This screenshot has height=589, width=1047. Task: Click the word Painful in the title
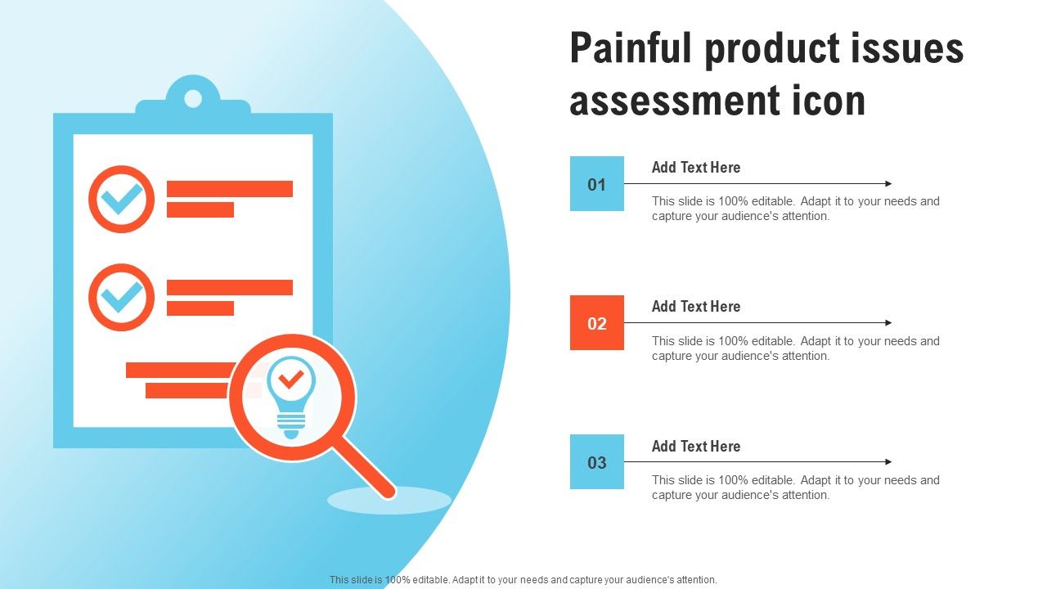[631, 47]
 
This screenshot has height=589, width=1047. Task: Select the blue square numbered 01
[597, 183]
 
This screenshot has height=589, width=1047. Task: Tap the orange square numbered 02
[597, 322]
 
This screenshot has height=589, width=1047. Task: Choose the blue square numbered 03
[597, 462]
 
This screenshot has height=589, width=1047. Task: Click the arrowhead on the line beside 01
[888, 184]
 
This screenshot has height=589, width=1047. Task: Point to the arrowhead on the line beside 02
[888, 322]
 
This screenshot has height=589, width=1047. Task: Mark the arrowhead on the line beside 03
[888, 462]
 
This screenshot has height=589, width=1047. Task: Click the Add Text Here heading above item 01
[696, 168]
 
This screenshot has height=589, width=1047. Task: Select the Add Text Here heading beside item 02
[696, 307]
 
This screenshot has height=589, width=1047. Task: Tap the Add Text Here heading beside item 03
[696, 447]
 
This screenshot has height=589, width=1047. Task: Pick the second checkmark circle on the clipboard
[122, 265]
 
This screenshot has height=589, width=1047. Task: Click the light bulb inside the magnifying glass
[291, 398]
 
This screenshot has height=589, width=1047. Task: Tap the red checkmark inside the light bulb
[291, 380]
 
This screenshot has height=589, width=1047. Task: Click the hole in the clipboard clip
[193, 99]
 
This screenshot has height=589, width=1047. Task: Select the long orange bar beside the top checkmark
[230, 189]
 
